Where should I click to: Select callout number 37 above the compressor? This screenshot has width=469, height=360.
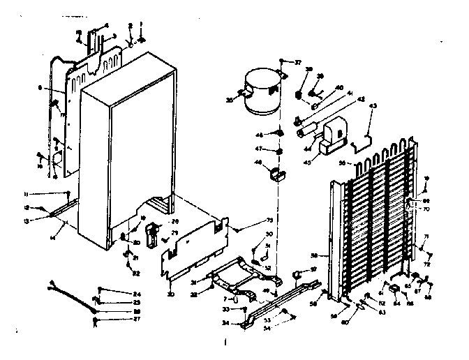click(x=298, y=63)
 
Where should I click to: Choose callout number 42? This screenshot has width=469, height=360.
click(x=342, y=100)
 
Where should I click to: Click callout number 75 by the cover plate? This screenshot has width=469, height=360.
click(x=251, y=221)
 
